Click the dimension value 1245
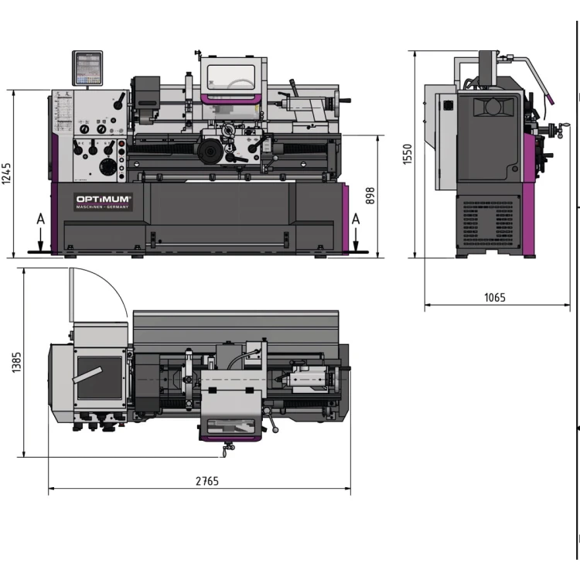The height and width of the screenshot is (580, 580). point(6,174)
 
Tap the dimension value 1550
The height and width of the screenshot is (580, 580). point(408,155)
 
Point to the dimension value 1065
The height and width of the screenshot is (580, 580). point(495,298)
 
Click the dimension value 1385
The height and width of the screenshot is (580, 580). point(17,363)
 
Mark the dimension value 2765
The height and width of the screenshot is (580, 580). point(206,481)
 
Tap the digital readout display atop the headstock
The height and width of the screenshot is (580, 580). point(87,68)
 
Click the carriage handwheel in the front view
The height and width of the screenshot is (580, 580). point(209,151)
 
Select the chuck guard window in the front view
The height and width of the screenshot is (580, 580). point(231,77)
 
